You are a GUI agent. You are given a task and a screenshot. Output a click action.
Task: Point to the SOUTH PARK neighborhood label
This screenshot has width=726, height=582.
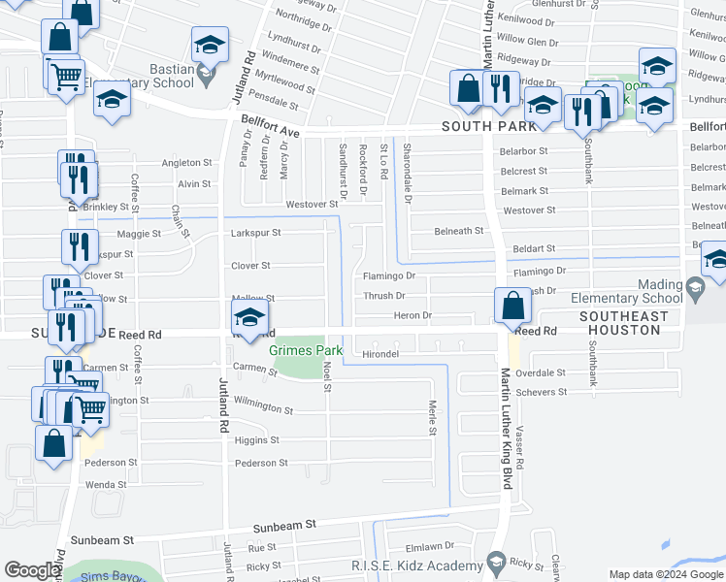(489, 127)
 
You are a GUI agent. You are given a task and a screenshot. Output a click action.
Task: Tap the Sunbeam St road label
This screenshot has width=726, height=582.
(285, 525)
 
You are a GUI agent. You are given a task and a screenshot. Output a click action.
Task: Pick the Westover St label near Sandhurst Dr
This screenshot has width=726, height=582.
(312, 205)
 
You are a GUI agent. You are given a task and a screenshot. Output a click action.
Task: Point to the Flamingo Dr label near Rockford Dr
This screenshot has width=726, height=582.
(388, 275)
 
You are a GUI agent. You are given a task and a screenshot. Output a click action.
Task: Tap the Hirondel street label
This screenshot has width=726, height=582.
(380, 355)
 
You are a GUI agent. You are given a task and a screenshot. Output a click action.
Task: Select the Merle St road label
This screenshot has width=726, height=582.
(432, 419)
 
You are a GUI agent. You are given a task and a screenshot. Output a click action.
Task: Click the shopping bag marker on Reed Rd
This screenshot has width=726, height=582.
(511, 306)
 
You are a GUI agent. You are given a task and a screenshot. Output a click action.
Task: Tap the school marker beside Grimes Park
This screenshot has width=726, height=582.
(249, 316)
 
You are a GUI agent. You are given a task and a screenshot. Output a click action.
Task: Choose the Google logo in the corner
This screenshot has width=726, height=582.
(32, 570)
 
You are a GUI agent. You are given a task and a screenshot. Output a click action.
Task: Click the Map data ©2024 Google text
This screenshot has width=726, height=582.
(667, 574)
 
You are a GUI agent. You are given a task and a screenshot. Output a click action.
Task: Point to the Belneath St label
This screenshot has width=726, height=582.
(458, 231)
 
